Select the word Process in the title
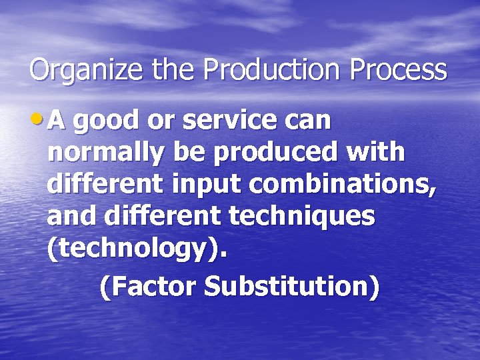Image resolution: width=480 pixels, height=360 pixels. [398, 70]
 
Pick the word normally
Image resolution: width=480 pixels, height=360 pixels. [106, 153]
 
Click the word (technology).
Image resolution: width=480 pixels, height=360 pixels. [137, 249]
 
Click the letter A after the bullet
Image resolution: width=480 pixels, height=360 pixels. [57, 121]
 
